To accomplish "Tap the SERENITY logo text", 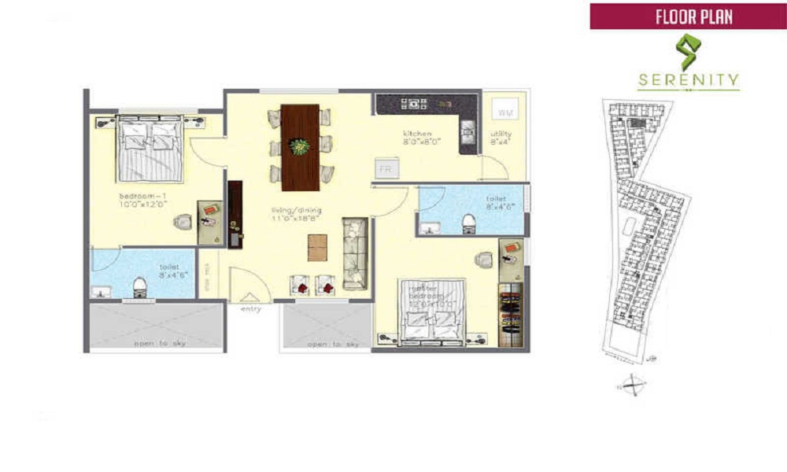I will click(x=689, y=79).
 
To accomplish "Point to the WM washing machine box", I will click(x=503, y=113).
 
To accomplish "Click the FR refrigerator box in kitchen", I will click(x=386, y=168).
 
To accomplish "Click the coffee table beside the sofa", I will click(x=319, y=247).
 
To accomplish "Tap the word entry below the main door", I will click(x=250, y=309).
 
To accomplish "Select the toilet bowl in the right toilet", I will click(x=468, y=222).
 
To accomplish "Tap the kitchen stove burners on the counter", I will click(x=412, y=102).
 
